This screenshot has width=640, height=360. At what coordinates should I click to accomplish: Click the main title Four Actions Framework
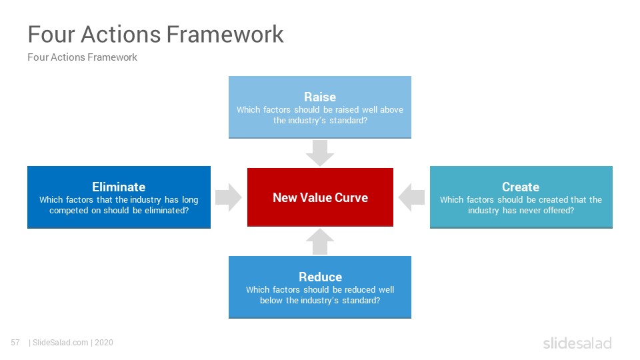point(155,34)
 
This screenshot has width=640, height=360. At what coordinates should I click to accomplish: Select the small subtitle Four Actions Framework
point(82,57)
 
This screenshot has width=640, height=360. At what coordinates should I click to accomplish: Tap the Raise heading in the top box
point(320,97)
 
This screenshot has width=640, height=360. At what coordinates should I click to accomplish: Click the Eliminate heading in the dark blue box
point(119,187)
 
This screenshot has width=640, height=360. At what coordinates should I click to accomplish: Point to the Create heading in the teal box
point(521,187)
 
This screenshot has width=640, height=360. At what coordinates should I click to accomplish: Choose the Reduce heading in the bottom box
point(321,277)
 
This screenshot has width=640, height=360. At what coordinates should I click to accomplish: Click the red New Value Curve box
point(321,197)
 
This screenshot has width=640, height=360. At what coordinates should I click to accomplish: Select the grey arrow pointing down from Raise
point(320,153)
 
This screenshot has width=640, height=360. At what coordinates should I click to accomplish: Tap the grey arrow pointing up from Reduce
point(320,241)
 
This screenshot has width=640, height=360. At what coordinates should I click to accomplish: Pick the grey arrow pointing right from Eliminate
point(229,197)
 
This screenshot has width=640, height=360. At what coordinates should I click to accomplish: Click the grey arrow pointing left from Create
point(411,197)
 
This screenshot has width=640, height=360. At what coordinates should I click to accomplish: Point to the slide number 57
point(15,343)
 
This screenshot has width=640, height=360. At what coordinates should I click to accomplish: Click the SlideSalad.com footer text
point(61,343)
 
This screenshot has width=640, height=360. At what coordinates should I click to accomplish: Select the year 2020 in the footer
point(104,343)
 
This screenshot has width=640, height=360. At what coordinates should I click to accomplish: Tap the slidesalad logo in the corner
point(577,343)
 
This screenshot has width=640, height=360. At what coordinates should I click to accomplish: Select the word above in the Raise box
point(391,109)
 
